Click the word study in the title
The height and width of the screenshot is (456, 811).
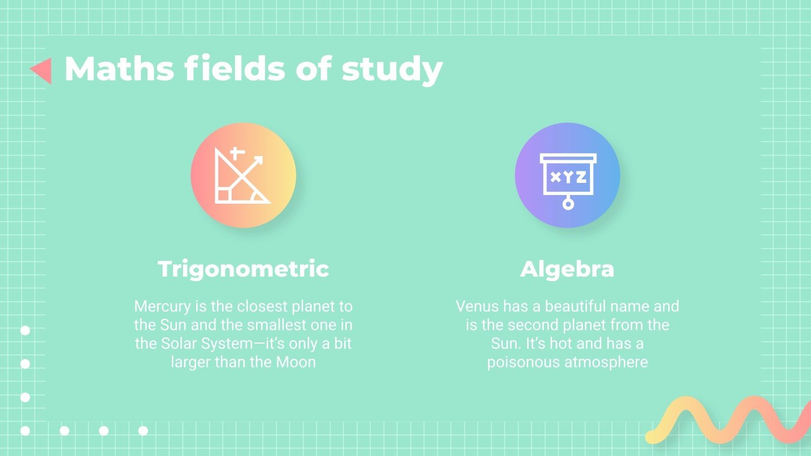(x=392, y=69)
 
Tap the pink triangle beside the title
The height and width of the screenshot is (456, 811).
(x=42, y=70)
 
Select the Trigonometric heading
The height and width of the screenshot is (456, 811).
(x=243, y=269)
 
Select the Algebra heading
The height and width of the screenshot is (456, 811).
(x=567, y=269)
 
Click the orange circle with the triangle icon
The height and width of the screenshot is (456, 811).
(x=243, y=175)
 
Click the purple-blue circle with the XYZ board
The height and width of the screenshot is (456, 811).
(x=567, y=175)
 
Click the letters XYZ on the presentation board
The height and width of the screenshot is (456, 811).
(x=568, y=177)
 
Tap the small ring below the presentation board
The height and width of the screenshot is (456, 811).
(x=568, y=204)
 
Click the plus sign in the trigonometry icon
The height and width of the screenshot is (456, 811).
(x=236, y=153)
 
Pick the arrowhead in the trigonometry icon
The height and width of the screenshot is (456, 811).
(x=259, y=161)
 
